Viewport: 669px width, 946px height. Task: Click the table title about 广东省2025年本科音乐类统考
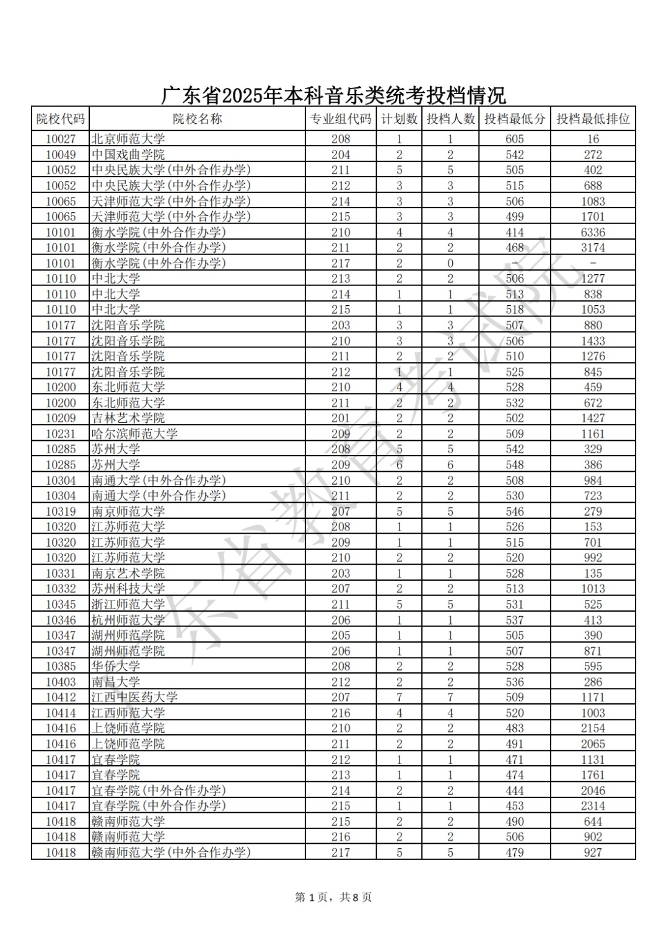(x=334, y=95)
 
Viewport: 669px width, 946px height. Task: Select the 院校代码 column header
(x=60, y=119)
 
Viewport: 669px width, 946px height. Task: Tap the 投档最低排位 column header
(x=593, y=119)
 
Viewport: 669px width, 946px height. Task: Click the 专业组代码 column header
(x=341, y=119)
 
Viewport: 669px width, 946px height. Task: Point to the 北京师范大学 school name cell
(x=128, y=139)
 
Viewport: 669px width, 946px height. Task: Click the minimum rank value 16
(x=593, y=139)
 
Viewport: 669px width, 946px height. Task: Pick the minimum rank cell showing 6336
(x=593, y=232)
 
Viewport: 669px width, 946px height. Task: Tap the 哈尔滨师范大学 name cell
(x=134, y=434)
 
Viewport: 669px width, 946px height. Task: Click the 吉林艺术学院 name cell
(x=128, y=419)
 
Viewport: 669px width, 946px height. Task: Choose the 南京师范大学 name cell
(x=128, y=511)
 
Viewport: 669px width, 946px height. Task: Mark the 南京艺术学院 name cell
(x=128, y=573)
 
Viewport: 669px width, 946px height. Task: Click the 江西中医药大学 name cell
(x=134, y=697)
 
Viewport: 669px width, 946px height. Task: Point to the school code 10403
(x=61, y=682)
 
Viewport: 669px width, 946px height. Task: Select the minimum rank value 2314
(x=593, y=806)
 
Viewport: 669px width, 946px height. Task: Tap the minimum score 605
(x=514, y=139)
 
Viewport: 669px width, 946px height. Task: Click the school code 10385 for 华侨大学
(x=61, y=666)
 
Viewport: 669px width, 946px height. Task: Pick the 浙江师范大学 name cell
(x=128, y=604)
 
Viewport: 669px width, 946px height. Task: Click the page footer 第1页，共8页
(x=333, y=897)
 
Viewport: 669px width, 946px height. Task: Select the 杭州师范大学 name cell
(x=128, y=620)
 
